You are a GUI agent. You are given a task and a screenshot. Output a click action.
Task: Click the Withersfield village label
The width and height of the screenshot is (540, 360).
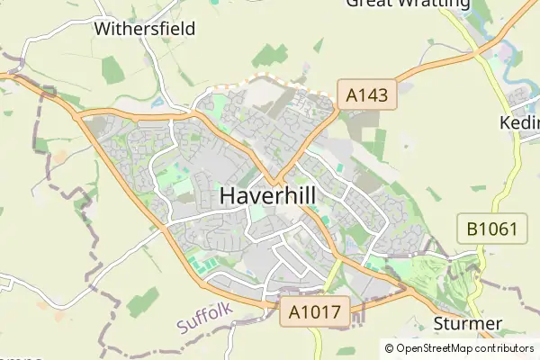pyautogui.click(x=144, y=28)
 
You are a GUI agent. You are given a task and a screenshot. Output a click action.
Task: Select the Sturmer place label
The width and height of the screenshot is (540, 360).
pyautogui.click(x=466, y=324)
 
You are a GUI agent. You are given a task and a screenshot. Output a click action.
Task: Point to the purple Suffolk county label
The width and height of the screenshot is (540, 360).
pyautogui.click(x=204, y=318)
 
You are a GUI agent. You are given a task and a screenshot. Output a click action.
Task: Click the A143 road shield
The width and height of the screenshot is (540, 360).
pyautogui.click(x=366, y=94)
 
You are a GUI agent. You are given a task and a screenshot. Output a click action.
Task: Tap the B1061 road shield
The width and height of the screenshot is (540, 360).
pyautogui.click(x=491, y=229)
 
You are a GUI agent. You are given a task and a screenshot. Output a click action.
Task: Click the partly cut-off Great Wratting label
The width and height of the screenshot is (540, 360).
pyautogui.click(x=408, y=4)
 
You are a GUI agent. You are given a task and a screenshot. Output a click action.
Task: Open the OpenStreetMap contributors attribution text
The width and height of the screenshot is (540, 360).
pyautogui.click(x=464, y=348)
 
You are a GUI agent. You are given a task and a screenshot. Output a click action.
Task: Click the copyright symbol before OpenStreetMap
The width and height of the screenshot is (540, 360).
pyautogui.click(x=390, y=348)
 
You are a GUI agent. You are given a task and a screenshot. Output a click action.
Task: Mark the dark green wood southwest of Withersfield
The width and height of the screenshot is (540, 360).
pyautogui.click(x=112, y=67)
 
